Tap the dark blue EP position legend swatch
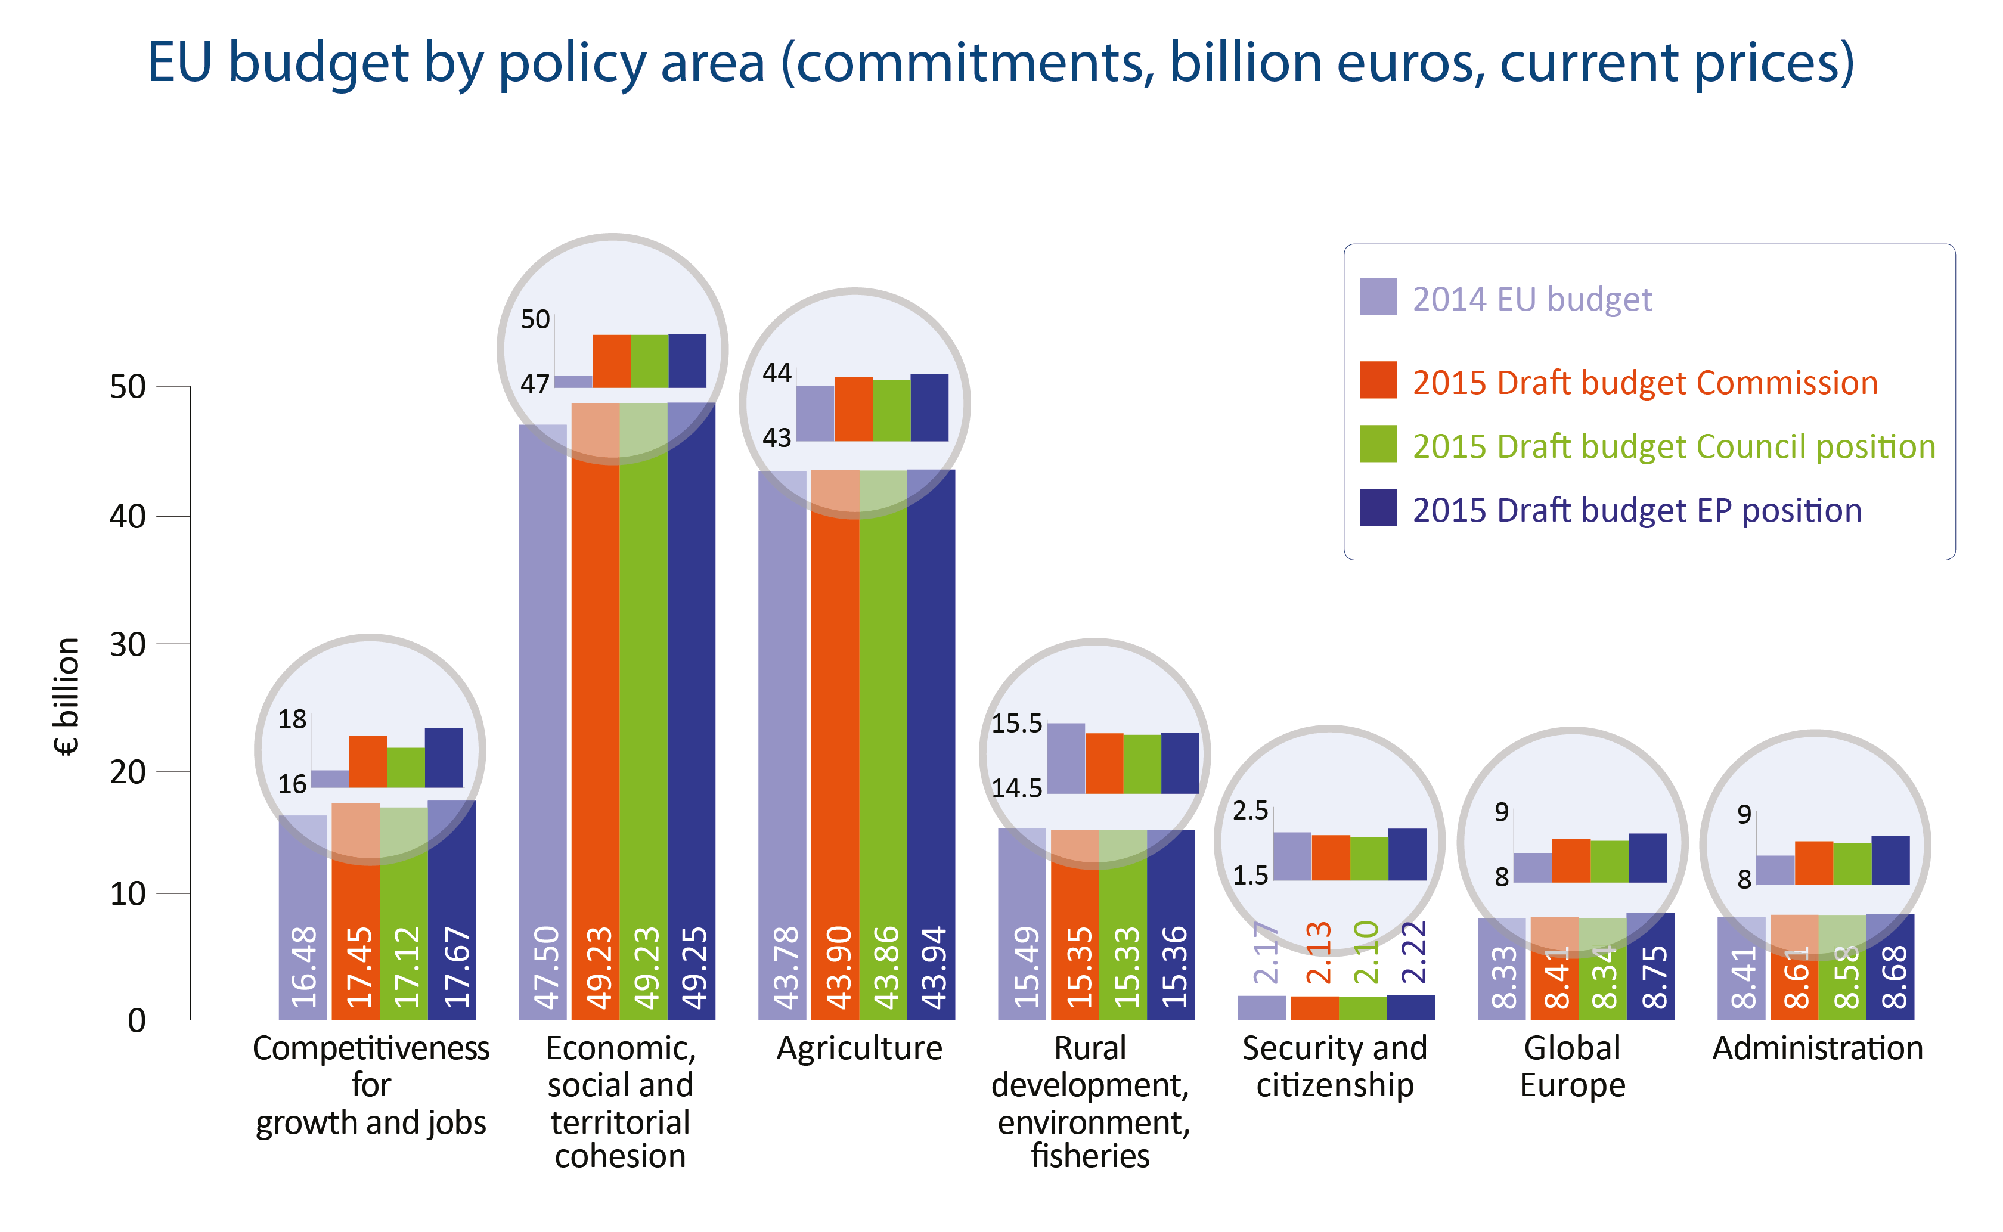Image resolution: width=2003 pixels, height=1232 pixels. coord(1377,508)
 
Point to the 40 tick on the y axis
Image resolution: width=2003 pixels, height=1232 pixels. coord(128,516)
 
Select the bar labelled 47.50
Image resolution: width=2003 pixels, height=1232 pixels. coord(542,733)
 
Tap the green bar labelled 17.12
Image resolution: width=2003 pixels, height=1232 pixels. coord(404,937)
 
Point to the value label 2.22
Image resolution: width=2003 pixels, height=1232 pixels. coord(1413,952)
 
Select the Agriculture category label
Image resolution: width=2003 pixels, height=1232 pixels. coord(859,1048)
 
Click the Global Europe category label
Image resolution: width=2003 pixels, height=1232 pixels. coord(1572,1066)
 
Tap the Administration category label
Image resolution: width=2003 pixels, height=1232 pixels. coord(1817,1048)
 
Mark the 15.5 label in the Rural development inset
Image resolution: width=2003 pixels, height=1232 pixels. coord(1016,723)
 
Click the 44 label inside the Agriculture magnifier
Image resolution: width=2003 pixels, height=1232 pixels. coord(777,373)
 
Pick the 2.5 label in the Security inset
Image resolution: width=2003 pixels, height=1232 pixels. coord(1250,811)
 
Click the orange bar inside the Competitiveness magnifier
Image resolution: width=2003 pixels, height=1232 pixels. coord(368,762)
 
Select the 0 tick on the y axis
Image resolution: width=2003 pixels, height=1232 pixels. coord(137,1020)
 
